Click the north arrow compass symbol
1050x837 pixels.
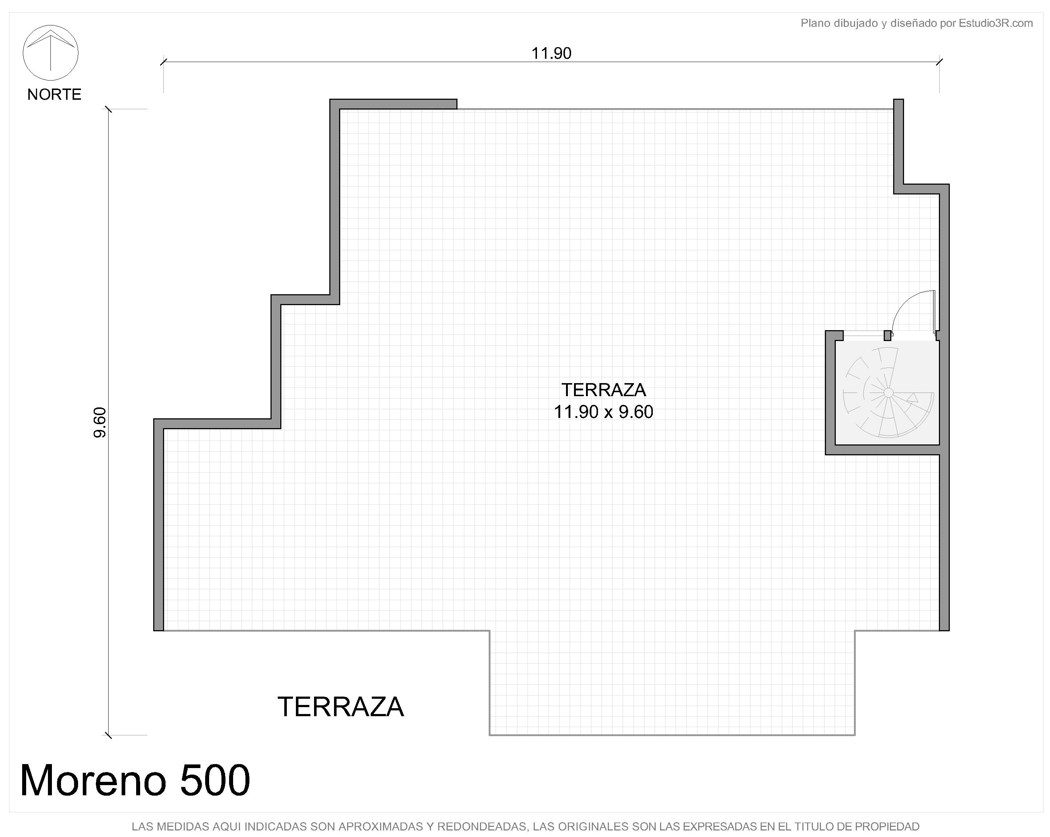51,53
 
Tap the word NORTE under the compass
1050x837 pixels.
54,94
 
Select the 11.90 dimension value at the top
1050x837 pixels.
551,53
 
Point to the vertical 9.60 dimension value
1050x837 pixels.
99,422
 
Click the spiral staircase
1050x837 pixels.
888,392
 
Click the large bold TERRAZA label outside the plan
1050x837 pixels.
341,707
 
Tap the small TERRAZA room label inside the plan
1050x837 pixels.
603,390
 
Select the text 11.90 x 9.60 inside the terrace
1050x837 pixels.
603,412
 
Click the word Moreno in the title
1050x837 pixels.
93,780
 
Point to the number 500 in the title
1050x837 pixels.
215,780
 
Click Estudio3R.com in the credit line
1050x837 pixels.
996,23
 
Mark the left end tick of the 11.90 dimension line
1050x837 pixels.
164,62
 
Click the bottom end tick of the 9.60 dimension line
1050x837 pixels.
109,735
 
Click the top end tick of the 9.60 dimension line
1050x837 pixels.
109,109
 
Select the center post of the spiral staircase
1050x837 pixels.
888,392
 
